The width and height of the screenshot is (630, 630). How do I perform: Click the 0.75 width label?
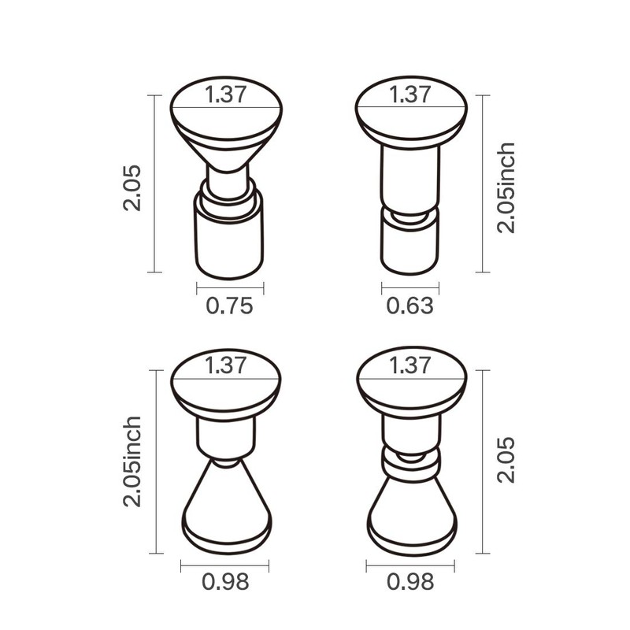pos(229,306)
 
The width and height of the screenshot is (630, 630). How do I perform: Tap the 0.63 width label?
pos(409,306)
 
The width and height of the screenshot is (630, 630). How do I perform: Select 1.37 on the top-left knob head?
pos(227,94)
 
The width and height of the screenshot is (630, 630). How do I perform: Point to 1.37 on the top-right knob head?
pos(410,94)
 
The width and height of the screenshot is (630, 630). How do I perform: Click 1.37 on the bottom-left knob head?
pos(227,365)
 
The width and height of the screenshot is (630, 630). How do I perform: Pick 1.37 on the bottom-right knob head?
pos(410,365)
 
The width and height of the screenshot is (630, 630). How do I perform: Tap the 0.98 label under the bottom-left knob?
pos(225,582)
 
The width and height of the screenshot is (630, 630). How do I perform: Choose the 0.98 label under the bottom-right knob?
pos(410,582)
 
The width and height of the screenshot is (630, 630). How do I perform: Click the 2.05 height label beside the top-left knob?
pos(132,187)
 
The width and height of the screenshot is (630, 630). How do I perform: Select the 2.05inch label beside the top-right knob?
pos(506,187)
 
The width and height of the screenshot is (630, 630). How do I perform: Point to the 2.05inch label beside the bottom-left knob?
pos(132,461)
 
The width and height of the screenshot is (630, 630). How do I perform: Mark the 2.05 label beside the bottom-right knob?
pos(506,460)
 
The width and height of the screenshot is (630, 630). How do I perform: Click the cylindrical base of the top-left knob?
pos(228,240)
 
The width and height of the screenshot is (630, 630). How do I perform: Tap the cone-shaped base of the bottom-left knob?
pos(226,504)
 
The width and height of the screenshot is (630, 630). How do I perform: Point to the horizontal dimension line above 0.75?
pos(229,287)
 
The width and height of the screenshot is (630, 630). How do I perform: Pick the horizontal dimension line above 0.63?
pos(409,287)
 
